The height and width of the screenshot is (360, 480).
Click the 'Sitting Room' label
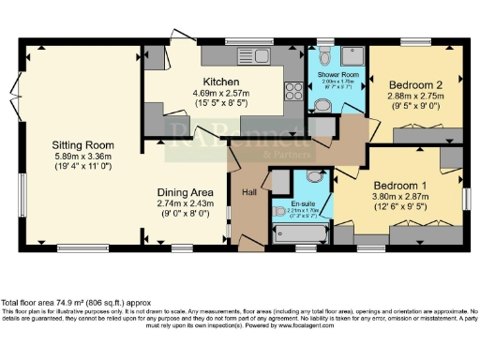[82, 145]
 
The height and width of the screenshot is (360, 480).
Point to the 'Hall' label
[249, 192]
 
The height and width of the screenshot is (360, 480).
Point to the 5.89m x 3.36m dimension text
[82, 157]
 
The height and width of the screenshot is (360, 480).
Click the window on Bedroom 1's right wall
[465, 198]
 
